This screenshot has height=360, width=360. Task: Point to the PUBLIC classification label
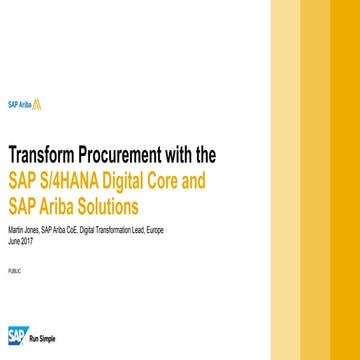pyautogui.click(x=14, y=271)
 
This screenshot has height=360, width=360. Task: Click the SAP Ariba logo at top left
pyautogui.click(x=24, y=103)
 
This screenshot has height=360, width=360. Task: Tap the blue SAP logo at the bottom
pyautogui.click(x=18, y=334)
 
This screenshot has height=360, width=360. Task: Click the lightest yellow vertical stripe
pyautogui.click(x=287, y=180)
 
